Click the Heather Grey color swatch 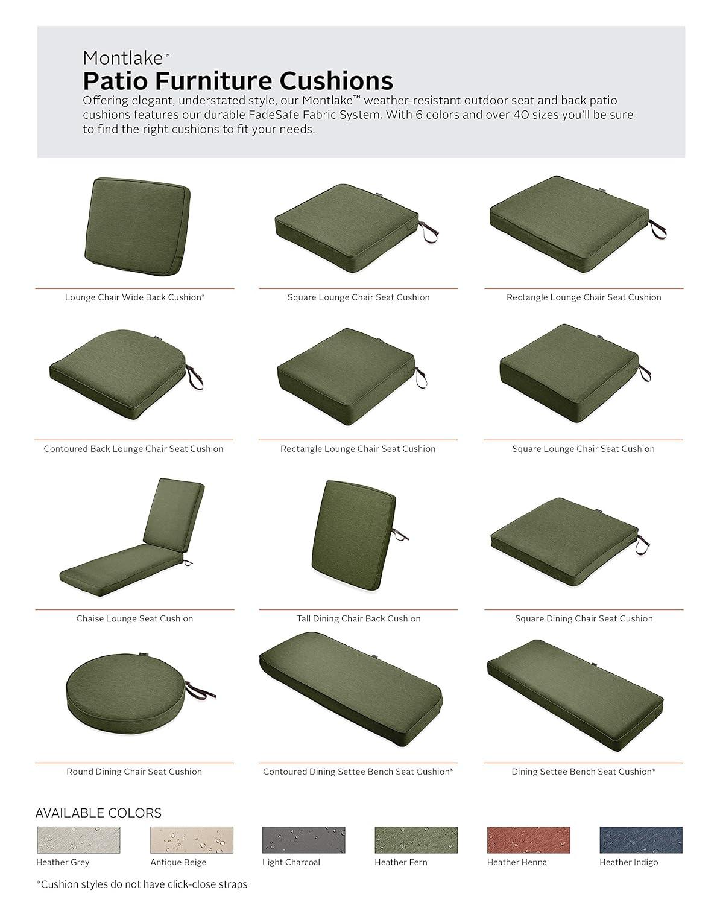point(78,840)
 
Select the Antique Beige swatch point(191,840)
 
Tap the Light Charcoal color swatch point(303,840)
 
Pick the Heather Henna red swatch point(528,840)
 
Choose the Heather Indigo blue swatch point(640,840)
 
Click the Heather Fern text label point(400,862)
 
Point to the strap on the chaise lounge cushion point(187,562)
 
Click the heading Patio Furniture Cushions point(238,80)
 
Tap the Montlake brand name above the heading point(123,58)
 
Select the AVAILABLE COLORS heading point(98,813)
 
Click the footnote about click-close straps point(142,884)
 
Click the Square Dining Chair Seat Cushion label point(583,618)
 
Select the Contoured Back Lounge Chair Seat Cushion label point(133,449)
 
